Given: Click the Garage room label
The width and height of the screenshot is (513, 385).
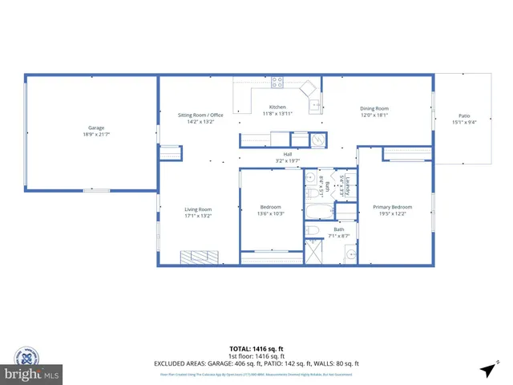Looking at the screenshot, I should point(97,128).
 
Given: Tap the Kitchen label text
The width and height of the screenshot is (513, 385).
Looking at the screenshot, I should point(277,107).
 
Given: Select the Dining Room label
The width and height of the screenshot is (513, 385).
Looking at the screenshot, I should point(374,108).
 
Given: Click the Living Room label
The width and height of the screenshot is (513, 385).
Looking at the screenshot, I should point(197,209).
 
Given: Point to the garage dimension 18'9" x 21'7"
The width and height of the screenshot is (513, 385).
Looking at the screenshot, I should point(97,135).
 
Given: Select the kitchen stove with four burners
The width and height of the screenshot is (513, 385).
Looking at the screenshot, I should point(277,81).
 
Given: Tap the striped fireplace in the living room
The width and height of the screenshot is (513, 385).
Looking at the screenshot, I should point(199,257).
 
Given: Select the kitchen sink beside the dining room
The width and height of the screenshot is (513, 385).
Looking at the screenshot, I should point(316,104).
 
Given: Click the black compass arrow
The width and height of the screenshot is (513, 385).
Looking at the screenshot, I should point(487,369).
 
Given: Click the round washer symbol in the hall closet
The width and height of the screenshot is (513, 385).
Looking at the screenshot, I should point(317,140).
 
